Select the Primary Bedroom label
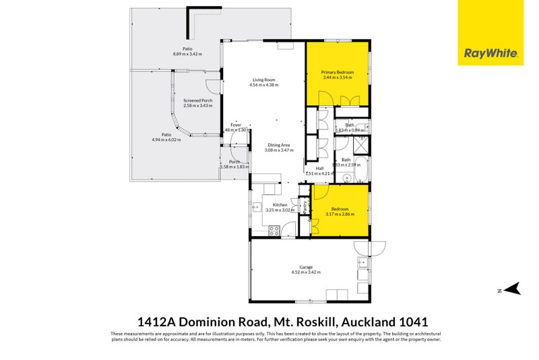pos(338,72)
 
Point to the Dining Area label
pos(277,145)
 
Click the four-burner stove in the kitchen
pos(274,230)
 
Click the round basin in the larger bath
pos(347,179)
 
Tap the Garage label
pos(306,266)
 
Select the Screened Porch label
pos(197,100)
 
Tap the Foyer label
pos(236,125)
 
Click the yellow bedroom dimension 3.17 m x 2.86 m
pos(340,215)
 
